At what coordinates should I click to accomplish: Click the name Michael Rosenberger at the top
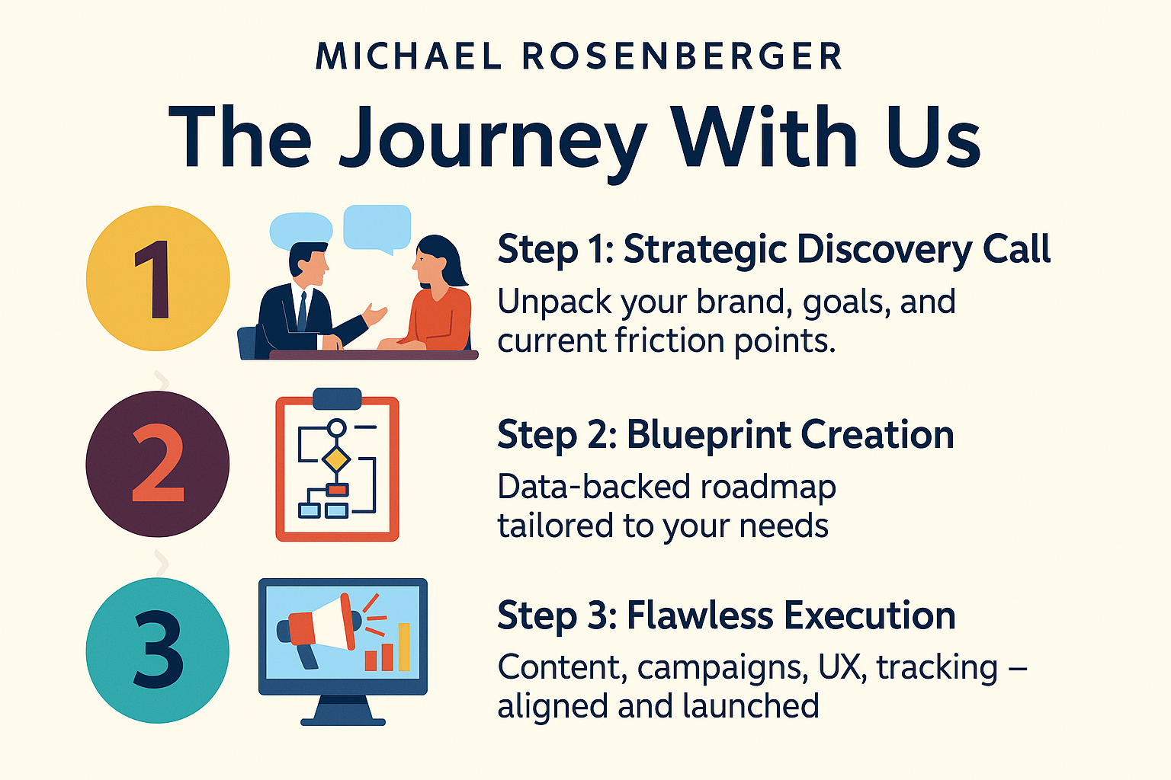coord(579,56)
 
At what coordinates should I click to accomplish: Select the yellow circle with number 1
coord(158,279)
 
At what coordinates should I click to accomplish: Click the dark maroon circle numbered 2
coord(157,464)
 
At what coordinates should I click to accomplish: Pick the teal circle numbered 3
coord(157,651)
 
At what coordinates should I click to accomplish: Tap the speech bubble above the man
coord(301,230)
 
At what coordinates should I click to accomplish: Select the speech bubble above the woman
coord(377,229)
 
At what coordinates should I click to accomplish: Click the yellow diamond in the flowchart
coord(335,459)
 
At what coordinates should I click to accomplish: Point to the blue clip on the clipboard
coord(337,398)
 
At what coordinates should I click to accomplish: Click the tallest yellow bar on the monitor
coord(404,646)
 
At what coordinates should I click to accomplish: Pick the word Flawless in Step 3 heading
coord(699,615)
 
